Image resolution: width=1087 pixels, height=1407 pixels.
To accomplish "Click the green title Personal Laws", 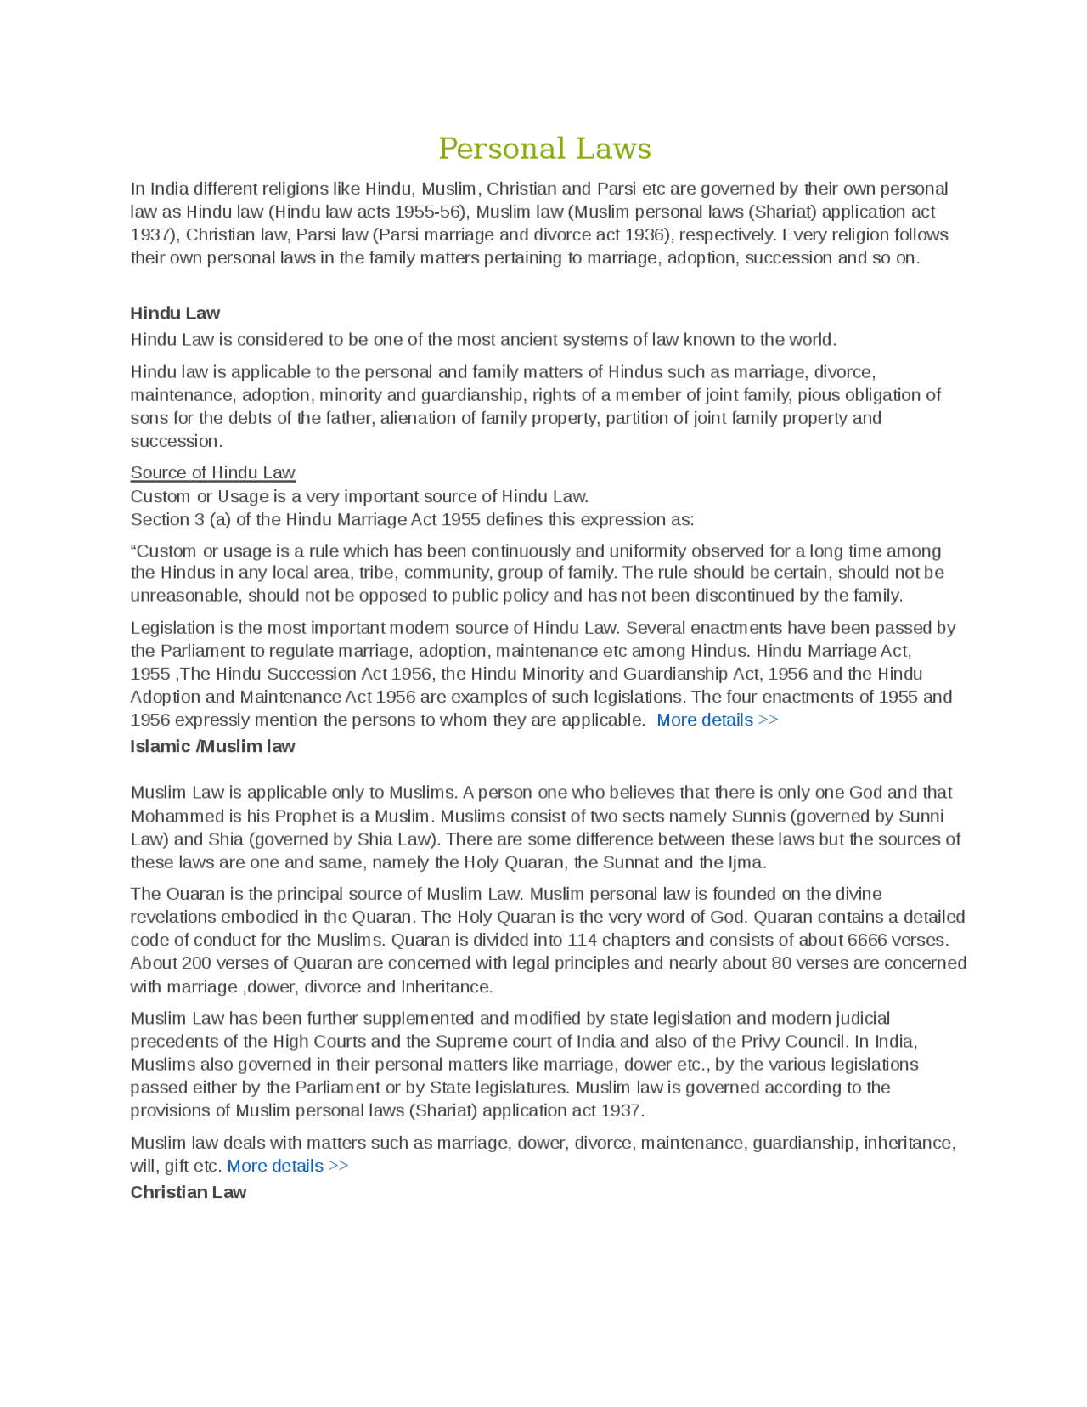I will tap(544, 149).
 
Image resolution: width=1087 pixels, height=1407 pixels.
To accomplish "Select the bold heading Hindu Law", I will tap(175, 313).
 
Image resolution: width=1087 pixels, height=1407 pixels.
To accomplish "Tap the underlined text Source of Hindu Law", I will tap(212, 472).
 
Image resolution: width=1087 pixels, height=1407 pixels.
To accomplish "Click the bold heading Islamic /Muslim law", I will tap(212, 746).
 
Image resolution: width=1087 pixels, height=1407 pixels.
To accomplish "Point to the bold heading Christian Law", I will tap(189, 1192).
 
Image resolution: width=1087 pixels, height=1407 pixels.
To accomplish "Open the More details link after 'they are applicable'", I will tap(717, 720).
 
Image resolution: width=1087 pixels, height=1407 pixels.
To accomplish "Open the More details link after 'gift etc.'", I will tap(287, 1166).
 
